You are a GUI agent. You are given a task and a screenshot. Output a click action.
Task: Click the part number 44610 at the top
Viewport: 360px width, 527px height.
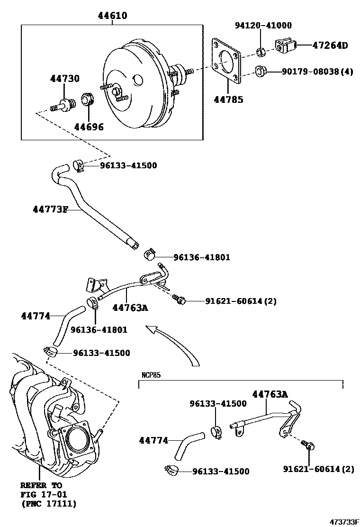pos(112,16)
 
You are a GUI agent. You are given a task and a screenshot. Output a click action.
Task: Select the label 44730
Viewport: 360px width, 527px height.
pos(65,79)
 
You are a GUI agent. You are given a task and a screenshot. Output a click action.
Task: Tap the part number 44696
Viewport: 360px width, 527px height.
pos(89,127)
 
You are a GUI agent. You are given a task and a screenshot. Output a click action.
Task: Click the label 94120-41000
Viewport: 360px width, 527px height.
pos(263,26)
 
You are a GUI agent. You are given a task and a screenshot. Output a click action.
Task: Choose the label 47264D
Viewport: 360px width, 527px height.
pos(330,45)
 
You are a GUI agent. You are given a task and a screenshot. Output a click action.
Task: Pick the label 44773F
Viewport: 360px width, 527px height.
pos(50,209)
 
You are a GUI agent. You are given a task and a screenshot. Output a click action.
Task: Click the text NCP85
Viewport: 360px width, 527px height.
pos(151,375)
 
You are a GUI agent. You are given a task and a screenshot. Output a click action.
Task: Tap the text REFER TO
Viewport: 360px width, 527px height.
pos(41,486)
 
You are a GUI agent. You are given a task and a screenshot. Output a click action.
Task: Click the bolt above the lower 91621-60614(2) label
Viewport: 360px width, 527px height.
pos(309,445)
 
